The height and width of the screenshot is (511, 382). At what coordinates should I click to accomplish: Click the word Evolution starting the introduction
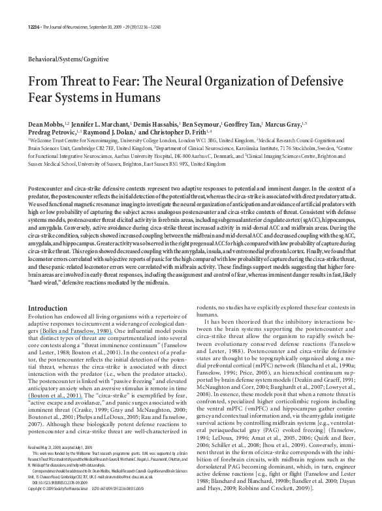(39, 316)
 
